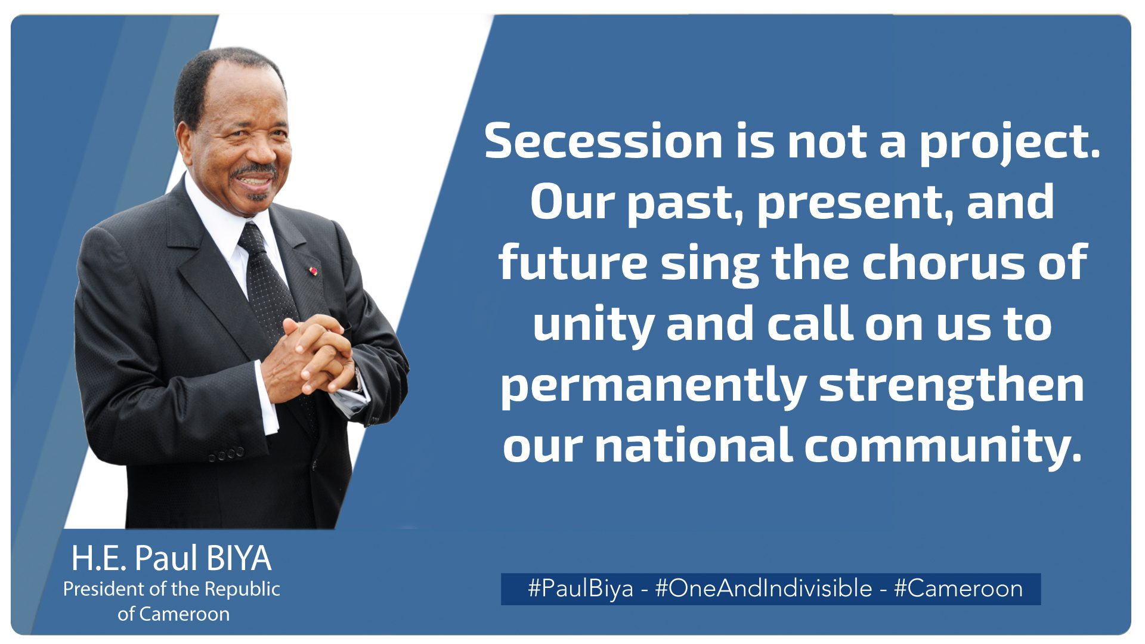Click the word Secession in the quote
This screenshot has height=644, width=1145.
pos(604,141)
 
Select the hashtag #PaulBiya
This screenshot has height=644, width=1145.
pos(580,589)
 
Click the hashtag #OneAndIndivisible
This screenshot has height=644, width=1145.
pos(763,589)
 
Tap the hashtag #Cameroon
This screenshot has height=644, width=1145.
pos(958,589)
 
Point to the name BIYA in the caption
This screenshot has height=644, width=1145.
pos(239,559)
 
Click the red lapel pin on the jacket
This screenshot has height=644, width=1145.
pos(314,271)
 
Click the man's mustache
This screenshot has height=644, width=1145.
pos(255,171)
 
